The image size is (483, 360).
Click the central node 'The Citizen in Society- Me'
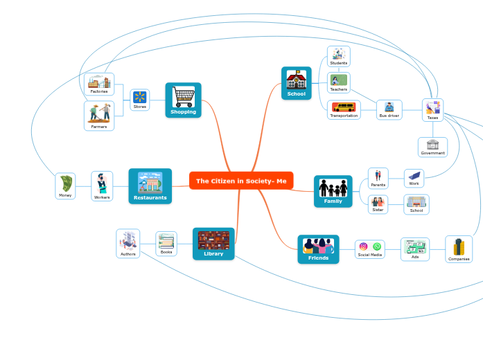241,181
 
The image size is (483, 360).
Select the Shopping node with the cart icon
183,100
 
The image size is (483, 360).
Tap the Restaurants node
150,186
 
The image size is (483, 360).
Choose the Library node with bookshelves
213,244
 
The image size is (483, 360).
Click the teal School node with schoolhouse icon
296,83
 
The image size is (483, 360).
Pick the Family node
333,191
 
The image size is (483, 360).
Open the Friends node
318,249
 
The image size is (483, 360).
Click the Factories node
99,84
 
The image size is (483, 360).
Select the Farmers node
99,116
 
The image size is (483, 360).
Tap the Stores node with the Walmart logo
140,100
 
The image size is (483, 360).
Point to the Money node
65,186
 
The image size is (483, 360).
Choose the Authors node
128,244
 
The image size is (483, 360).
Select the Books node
166,244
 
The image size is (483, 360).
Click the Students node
338,57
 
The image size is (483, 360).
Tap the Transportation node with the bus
344,110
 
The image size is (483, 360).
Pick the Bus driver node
389,110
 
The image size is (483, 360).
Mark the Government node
432,147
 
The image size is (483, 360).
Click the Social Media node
369,249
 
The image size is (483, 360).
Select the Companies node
459,249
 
